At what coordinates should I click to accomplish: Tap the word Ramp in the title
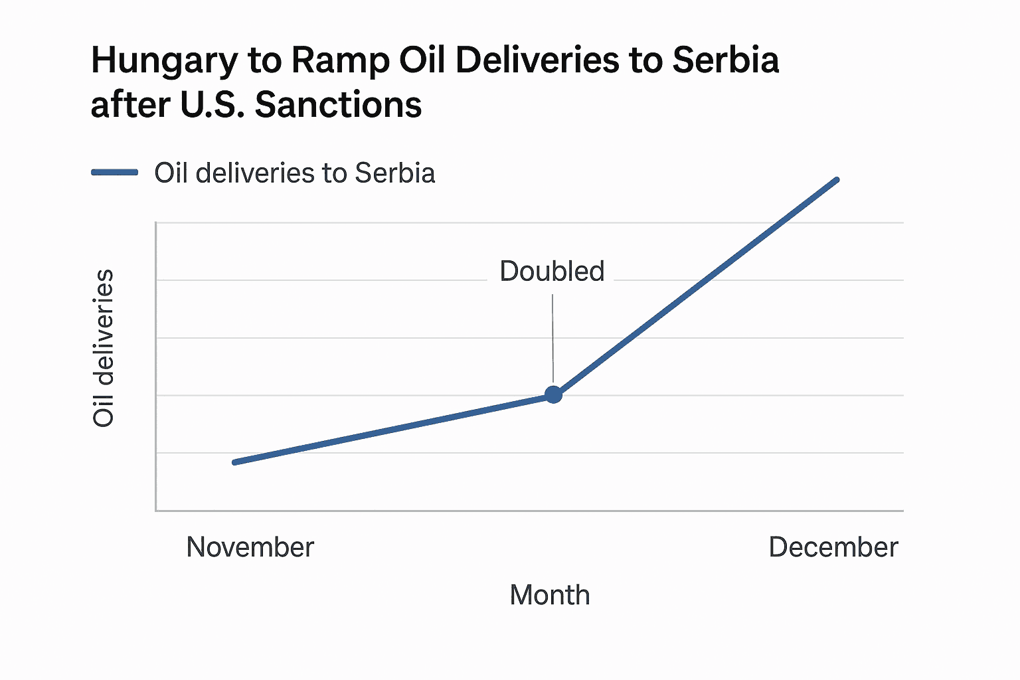click(340, 61)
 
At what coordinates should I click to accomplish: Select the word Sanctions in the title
click(338, 105)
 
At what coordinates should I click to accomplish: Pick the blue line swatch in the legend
click(114, 173)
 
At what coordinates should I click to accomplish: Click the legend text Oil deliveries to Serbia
click(295, 173)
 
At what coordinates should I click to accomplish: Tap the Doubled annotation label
click(552, 272)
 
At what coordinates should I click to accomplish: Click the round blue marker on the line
click(553, 395)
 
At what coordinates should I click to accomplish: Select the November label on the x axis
click(250, 547)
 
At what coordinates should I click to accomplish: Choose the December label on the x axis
click(833, 547)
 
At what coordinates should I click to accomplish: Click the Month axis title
click(549, 595)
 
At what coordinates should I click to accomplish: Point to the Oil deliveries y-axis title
click(104, 348)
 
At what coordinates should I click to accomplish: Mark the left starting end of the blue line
click(235, 462)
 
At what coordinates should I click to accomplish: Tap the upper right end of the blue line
click(836, 180)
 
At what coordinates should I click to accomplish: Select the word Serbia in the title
click(725, 61)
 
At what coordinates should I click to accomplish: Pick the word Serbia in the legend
click(395, 173)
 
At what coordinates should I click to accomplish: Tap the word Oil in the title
click(422, 61)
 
